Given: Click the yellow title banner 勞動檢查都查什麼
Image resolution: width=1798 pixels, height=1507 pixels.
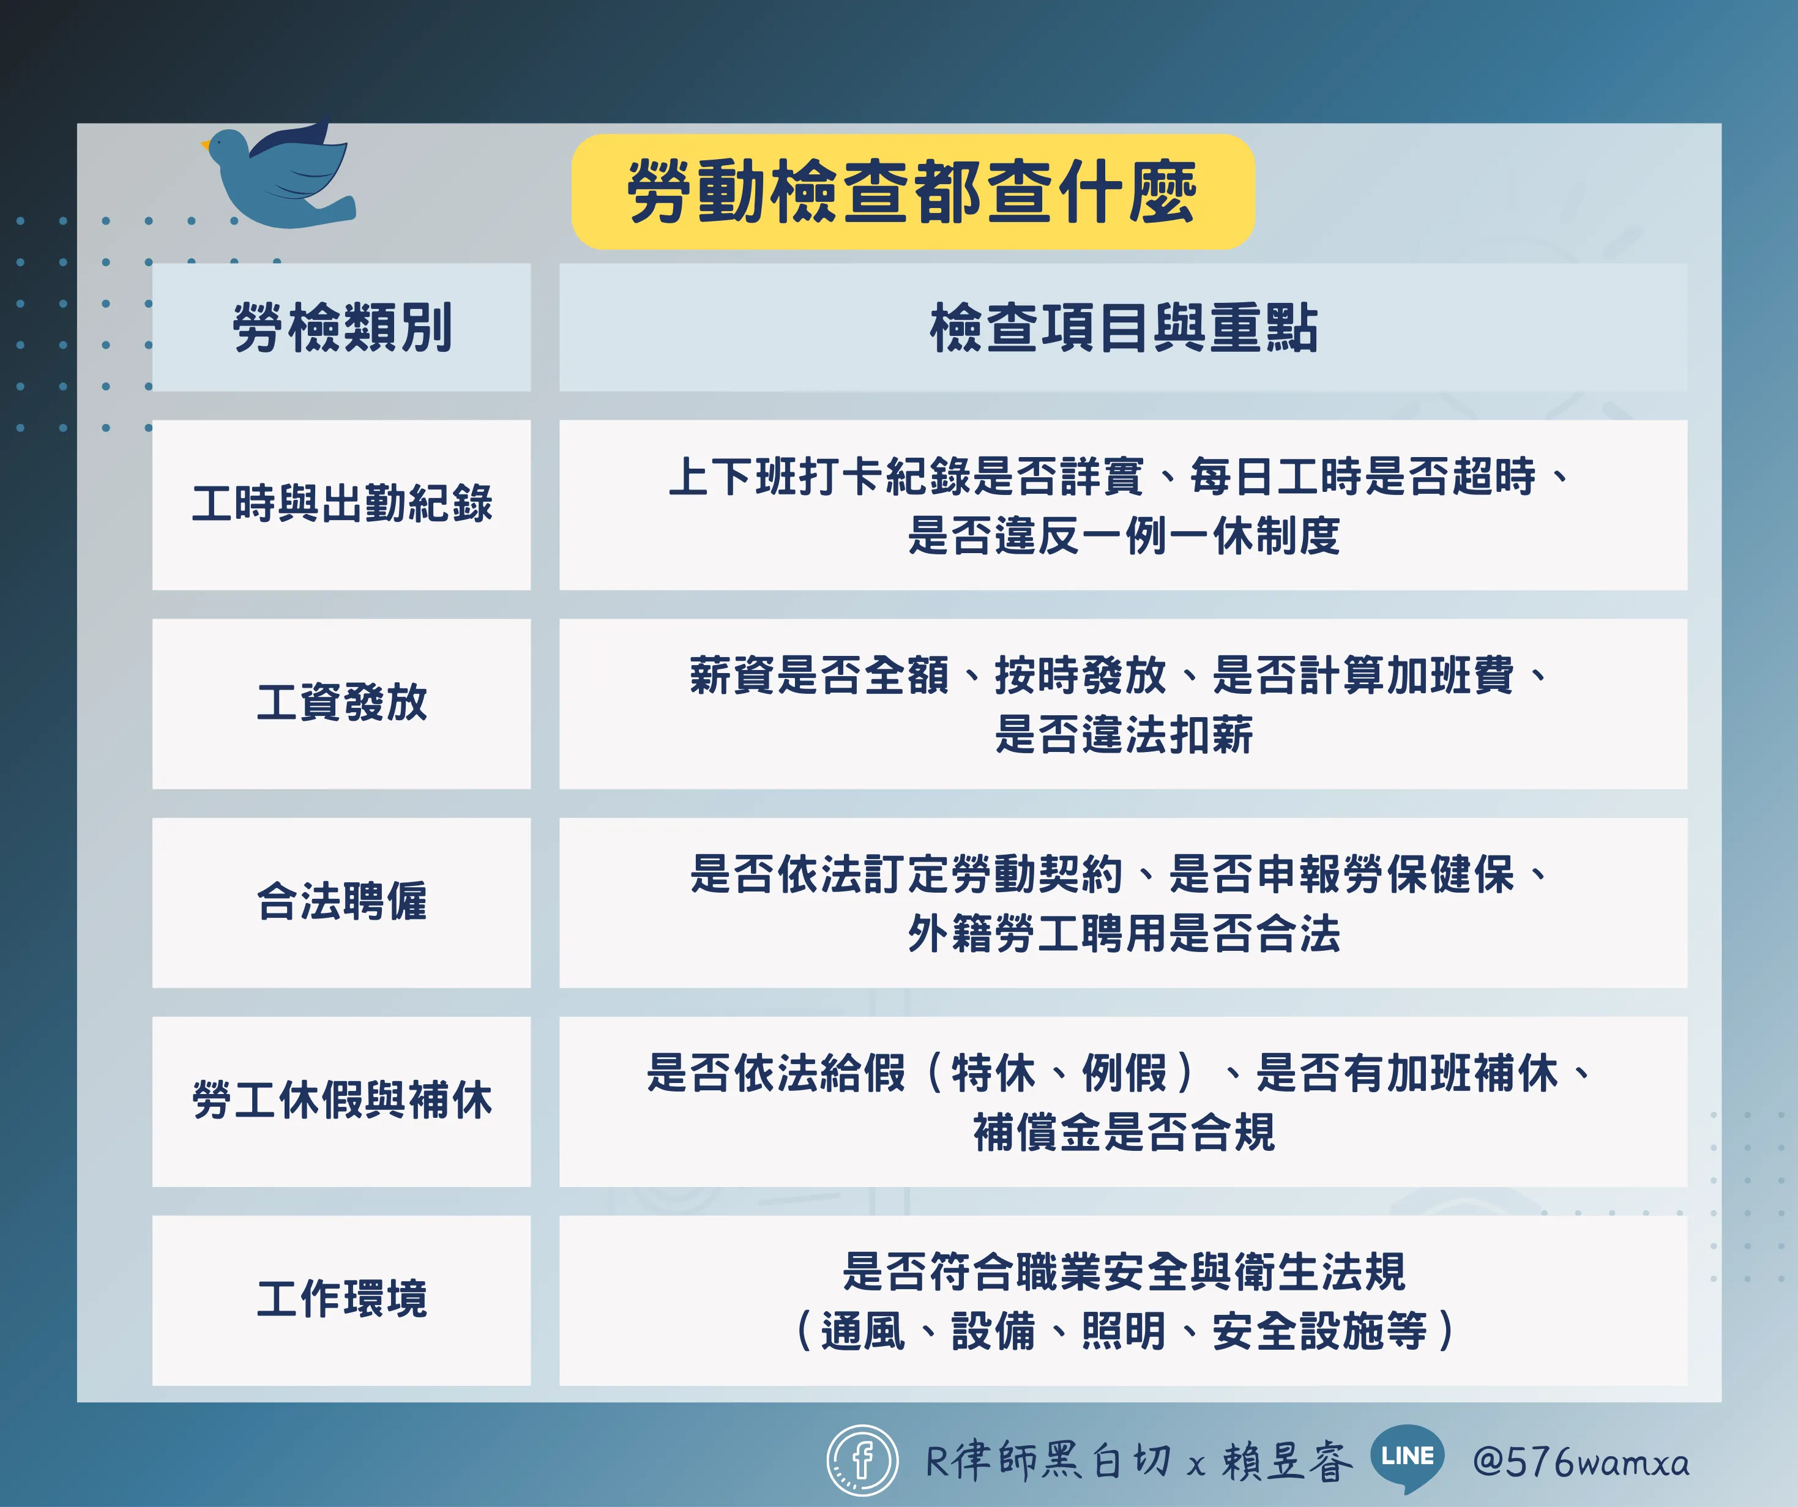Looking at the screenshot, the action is point(912,192).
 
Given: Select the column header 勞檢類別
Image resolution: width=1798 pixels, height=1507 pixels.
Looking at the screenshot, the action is point(341,327).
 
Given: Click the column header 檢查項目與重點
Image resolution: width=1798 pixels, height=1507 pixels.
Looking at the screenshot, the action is point(1124,327).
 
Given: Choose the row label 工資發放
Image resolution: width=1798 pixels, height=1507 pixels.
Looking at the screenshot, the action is point(341,702).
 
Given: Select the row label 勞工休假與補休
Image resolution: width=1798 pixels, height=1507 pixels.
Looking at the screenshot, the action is point(341,1100).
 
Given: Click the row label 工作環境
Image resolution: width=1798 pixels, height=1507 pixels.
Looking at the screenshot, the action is point(341,1298).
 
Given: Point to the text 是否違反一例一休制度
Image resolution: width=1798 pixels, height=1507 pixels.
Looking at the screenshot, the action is point(1124,535).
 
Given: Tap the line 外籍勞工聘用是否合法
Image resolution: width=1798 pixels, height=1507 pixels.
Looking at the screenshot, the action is point(1124,932).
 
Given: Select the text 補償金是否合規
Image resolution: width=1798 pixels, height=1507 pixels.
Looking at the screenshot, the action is point(1124,1132).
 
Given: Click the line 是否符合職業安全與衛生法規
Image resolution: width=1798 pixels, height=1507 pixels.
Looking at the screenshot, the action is point(1124,1271).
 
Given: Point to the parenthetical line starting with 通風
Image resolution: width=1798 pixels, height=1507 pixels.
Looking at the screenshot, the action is point(1124,1331).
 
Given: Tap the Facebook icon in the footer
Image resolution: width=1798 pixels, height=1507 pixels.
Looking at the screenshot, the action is point(862,1460).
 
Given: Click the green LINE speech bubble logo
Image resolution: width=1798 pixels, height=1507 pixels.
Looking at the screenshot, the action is point(1407,1457).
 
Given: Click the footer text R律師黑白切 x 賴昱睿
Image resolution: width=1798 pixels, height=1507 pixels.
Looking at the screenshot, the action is point(1139,1460).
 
